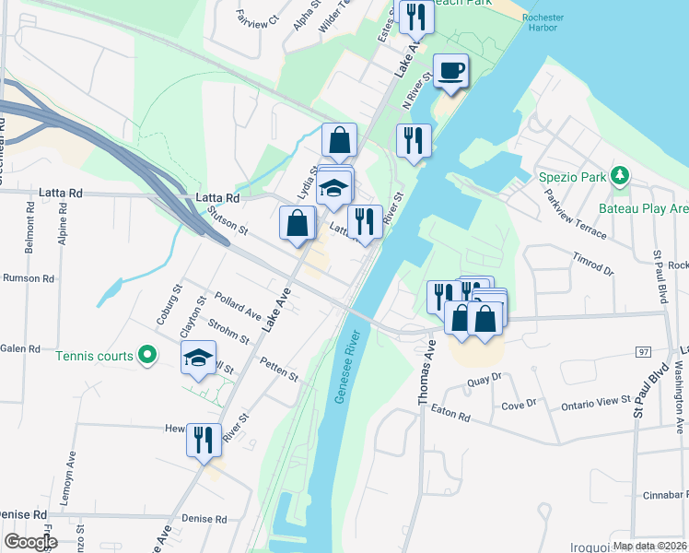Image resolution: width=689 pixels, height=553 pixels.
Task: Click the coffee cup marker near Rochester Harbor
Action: pos(450,72)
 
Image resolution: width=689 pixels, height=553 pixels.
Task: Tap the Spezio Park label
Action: pos(574,175)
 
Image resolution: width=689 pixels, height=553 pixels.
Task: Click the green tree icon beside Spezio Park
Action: pos(621,174)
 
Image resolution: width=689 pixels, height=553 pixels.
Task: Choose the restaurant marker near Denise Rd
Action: pos(203,439)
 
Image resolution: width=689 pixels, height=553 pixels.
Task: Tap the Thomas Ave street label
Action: pos(426,372)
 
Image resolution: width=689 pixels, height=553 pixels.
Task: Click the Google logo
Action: pos(30,542)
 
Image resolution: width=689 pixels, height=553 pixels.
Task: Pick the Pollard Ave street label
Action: pos(238,305)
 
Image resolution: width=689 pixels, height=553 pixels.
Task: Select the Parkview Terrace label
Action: pos(575,215)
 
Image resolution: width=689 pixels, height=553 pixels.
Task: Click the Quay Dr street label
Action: pos(484,377)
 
